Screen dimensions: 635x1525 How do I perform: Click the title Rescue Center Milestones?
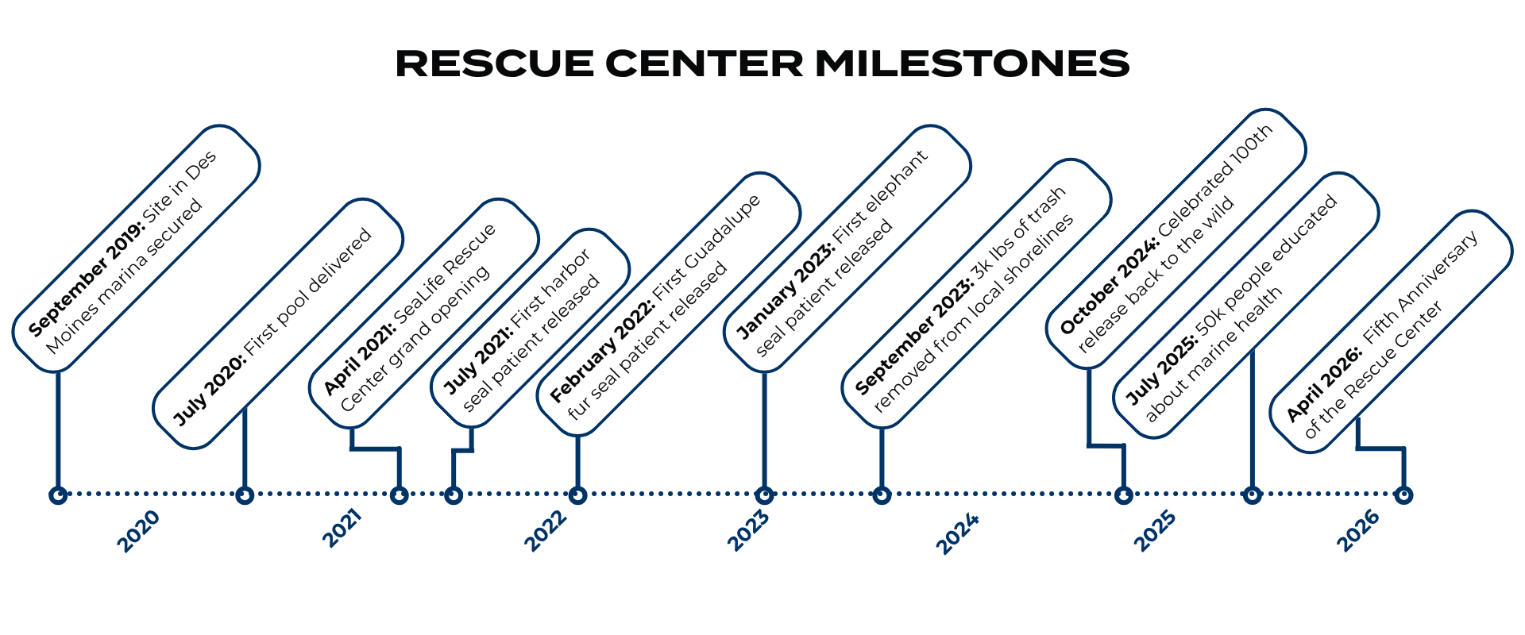[762, 63]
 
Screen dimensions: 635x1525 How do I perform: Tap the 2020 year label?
[139, 531]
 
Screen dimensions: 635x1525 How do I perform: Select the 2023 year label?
[748, 531]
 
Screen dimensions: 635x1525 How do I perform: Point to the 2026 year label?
[1358, 531]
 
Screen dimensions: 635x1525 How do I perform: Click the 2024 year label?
[958, 533]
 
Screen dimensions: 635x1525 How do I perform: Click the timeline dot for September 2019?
[58, 495]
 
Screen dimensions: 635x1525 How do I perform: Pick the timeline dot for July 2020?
[245, 495]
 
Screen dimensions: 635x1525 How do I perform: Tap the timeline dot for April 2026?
[1403, 495]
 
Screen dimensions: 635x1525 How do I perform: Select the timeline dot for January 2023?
[764, 495]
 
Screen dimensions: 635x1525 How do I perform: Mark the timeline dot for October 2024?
[1123, 495]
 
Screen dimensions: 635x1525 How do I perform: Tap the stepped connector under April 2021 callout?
[376, 449]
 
